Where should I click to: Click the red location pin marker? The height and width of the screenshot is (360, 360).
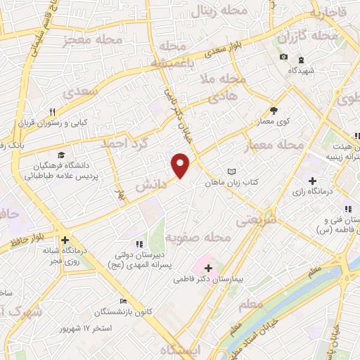coord(181,165)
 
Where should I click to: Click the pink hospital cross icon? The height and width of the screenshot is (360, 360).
coord(207,267)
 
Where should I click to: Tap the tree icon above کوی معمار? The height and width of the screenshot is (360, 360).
coord(274,110)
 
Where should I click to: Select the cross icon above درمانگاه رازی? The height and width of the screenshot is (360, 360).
coord(332,180)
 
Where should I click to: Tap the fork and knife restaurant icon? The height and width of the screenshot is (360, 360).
coord(52,111)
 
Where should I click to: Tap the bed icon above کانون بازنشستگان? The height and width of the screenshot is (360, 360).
coord(124,301)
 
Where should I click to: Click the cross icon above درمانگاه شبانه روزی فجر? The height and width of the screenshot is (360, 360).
coord(65,239)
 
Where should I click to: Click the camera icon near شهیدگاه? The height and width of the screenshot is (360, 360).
coord(283,57)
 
